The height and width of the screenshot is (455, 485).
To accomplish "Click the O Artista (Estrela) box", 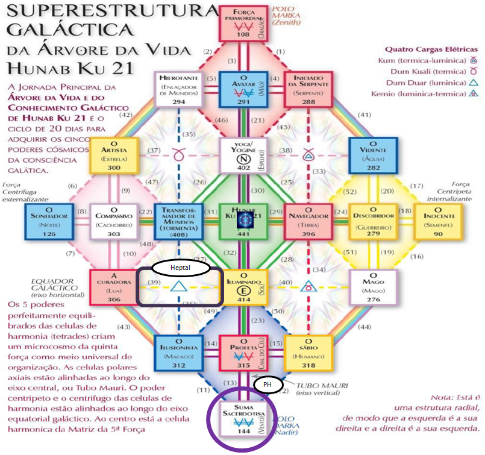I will pos(112,154).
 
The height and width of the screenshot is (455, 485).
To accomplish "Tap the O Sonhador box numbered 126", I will pos(47,221).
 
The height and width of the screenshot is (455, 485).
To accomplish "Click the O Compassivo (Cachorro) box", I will pos(112,221).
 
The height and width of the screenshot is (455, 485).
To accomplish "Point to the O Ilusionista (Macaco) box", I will pos(177,352).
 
